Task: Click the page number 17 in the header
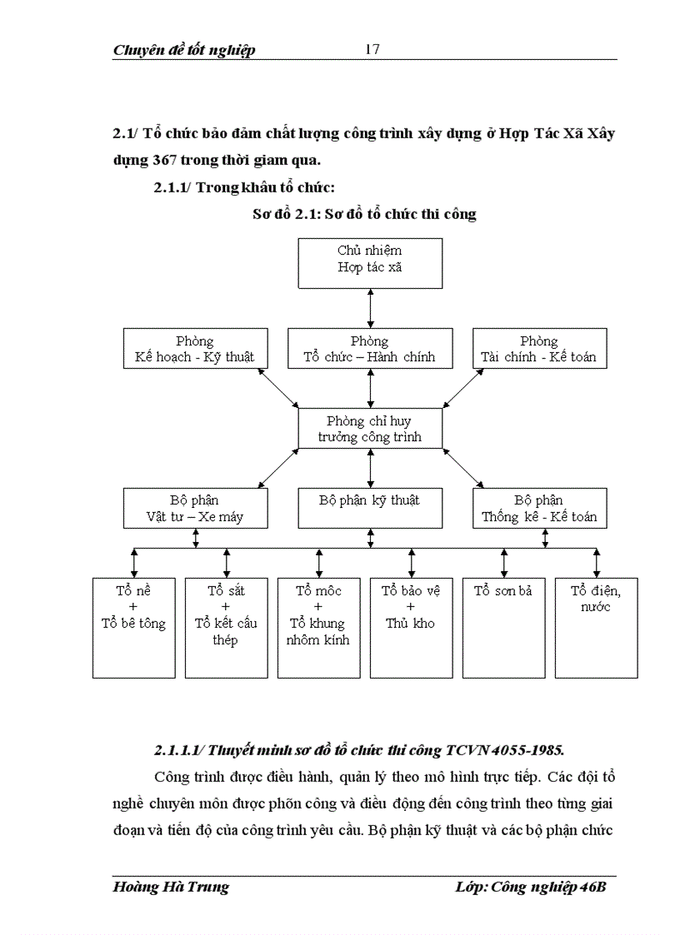click(x=372, y=49)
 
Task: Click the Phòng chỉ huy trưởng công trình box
click(x=369, y=429)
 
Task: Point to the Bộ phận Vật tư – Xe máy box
click(x=194, y=508)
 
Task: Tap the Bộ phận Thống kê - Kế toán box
click(x=538, y=508)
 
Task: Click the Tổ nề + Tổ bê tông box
click(x=133, y=627)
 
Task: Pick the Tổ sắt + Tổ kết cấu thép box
click(x=225, y=627)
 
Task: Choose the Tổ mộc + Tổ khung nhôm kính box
click(x=317, y=627)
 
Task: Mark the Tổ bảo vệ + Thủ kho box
click(x=410, y=627)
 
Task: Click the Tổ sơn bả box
click(x=502, y=627)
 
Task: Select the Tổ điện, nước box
click(x=595, y=627)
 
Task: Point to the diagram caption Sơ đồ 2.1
click(x=364, y=214)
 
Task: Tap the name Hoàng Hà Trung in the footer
click(x=170, y=888)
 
